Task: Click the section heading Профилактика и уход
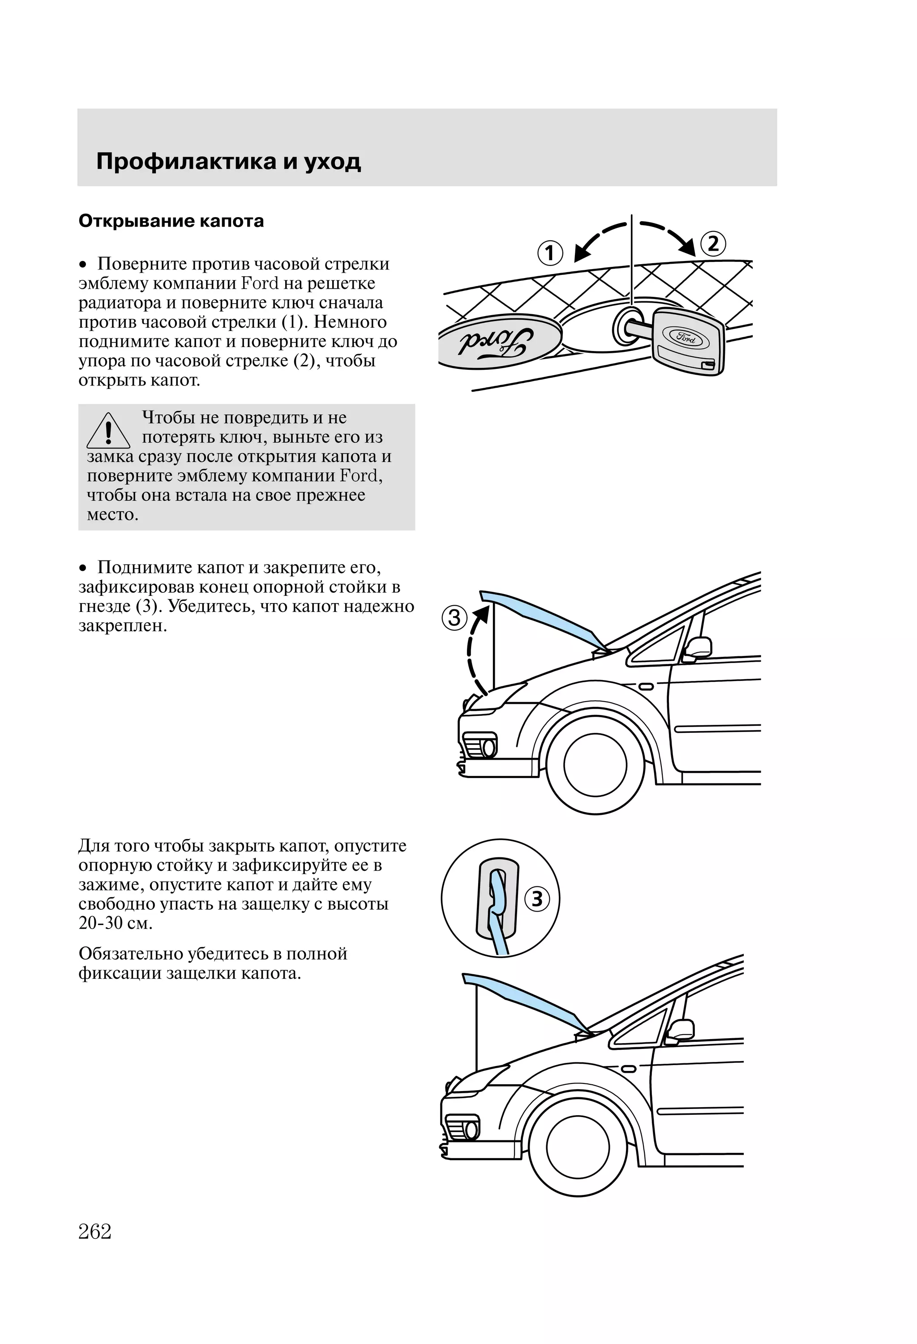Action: coord(228,161)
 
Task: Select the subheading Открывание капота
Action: coord(171,221)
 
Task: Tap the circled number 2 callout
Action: coord(713,244)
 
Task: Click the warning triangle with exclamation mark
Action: coord(108,432)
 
